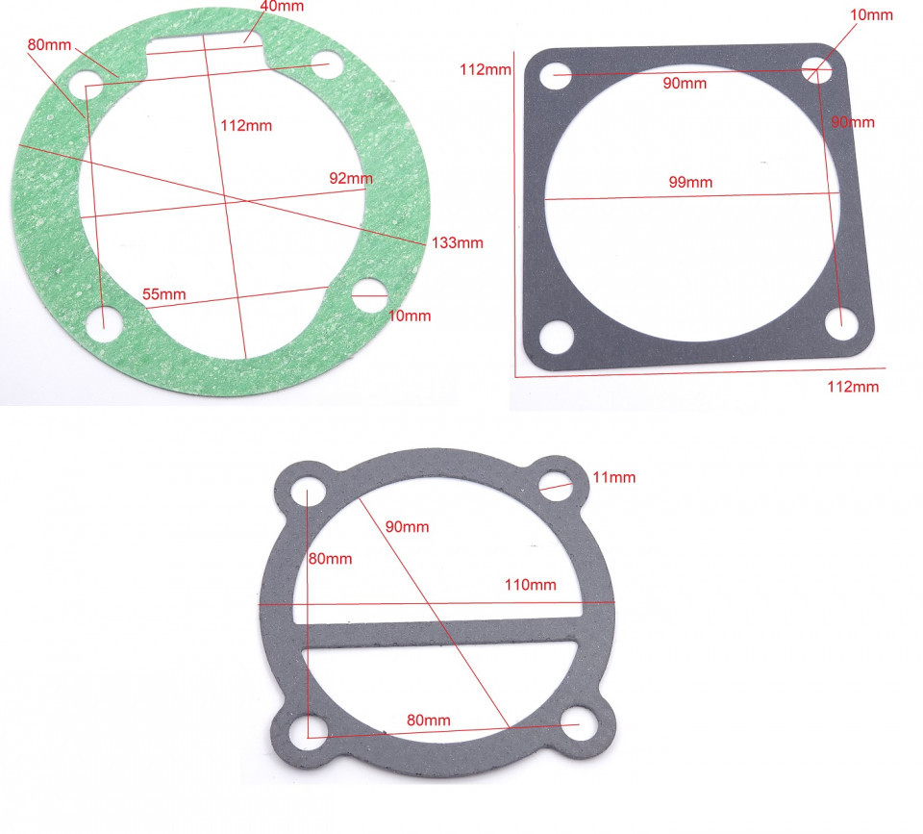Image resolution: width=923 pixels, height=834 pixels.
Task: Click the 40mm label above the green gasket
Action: coord(282,7)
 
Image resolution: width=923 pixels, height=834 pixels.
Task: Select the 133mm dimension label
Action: coord(458,242)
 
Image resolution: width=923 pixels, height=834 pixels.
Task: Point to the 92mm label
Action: coord(351,178)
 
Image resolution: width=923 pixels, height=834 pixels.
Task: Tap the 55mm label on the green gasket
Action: coord(164,294)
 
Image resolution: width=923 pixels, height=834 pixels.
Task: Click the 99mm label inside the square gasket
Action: coord(690,182)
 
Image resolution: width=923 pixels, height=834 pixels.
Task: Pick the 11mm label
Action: coord(614,477)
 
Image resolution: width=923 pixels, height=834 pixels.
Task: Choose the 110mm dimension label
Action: coord(531,585)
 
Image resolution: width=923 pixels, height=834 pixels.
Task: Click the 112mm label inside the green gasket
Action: coord(246,125)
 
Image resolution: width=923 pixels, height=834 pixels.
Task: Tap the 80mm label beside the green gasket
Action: coord(49,45)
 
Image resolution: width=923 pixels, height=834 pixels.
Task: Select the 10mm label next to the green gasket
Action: coord(410,316)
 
